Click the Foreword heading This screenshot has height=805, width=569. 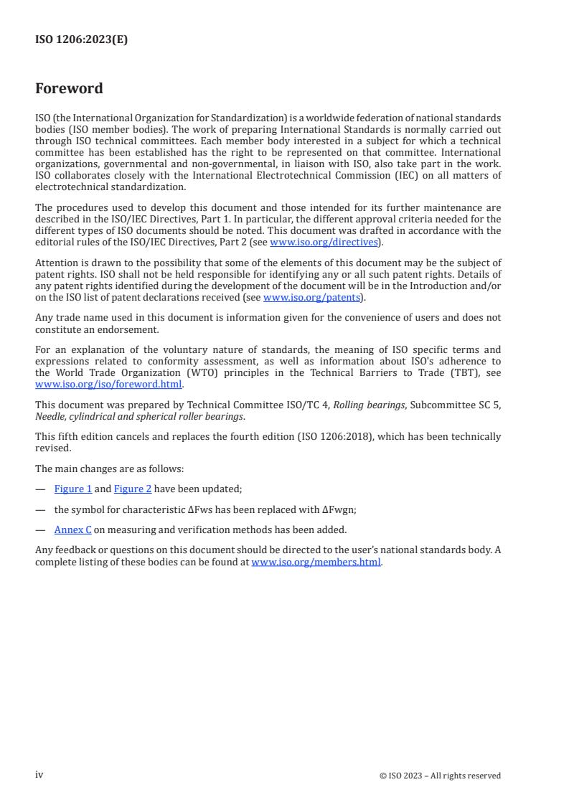(x=69, y=89)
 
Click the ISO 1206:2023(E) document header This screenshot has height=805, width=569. (x=81, y=40)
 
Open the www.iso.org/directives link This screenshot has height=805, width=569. (x=324, y=243)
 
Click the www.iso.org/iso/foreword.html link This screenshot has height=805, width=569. (x=108, y=384)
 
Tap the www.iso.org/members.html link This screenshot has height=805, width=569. (x=316, y=562)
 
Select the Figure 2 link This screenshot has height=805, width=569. (x=133, y=489)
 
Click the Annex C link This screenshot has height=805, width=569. (x=73, y=530)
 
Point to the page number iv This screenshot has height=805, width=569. (x=39, y=775)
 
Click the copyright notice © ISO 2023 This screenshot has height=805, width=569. (x=440, y=776)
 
